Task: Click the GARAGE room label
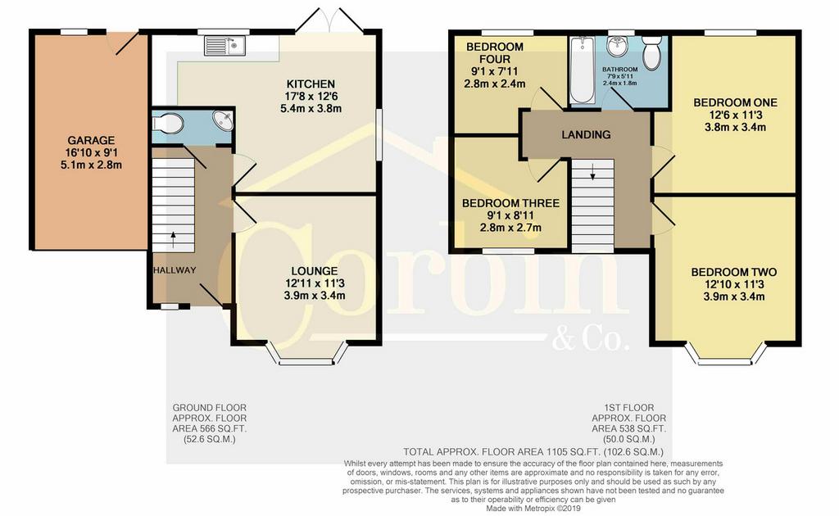tap(91, 141)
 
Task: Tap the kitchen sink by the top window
tap(224, 45)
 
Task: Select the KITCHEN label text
tap(311, 84)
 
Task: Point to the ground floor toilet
tap(168, 124)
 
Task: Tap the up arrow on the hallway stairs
tap(173, 239)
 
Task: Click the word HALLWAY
tap(175, 270)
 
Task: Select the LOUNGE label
tap(315, 271)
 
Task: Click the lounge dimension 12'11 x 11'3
tap(315, 283)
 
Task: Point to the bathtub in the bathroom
tap(582, 70)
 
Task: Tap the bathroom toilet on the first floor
tap(651, 52)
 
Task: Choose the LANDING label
tap(586, 135)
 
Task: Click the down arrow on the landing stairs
tap(592, 171)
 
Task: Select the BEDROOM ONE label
tap(735, 102)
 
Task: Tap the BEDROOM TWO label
tap(733, 272)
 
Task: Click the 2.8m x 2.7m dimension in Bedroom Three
tap(510, 228)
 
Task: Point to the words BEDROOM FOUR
tap(495, 53)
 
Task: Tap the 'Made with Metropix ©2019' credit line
tap(533, 509)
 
